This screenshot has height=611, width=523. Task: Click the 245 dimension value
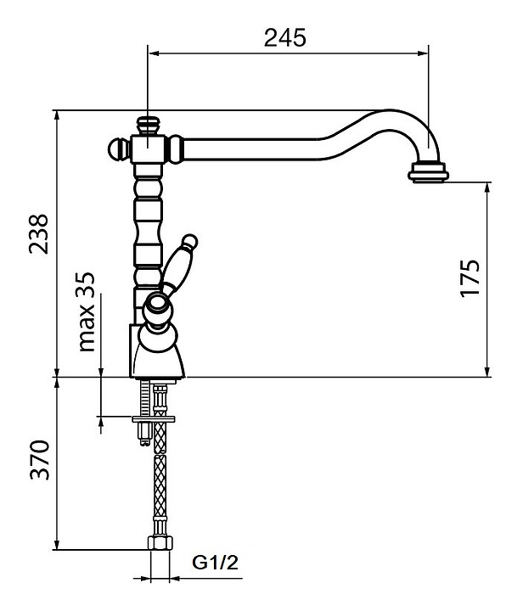[284, 37]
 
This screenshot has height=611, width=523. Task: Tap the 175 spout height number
[471, 277]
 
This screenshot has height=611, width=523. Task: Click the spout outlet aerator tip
[429, 173]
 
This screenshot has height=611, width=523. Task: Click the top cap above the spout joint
[149, 124]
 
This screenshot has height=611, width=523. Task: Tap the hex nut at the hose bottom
[158, 544]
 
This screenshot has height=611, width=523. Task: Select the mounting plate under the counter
[154, 418]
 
